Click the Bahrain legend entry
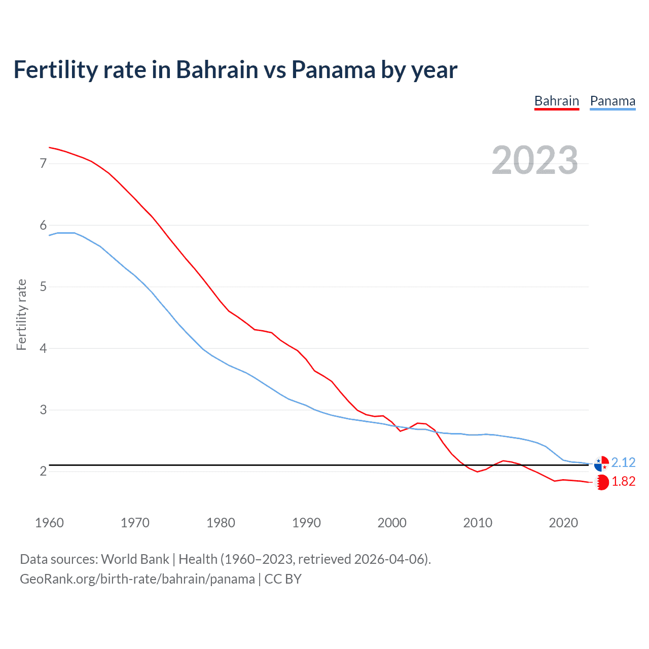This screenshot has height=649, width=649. point(556,101)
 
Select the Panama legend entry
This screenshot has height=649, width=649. point(612,101)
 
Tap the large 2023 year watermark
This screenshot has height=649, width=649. point(534,160)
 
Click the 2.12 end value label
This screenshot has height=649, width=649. point(623,462)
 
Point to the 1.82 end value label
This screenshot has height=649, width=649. point(623,481)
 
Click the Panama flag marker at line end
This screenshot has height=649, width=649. point(601,463)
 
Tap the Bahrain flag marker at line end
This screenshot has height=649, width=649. point(601,482)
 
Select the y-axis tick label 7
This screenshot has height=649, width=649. point(43,163)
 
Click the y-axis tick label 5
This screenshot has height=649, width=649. point(43,287)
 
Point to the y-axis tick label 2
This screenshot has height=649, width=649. point(43,472)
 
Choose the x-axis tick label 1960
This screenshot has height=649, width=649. point(49,523)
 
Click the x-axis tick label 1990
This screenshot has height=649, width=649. point(306,523)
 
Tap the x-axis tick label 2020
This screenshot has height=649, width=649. point(563,523)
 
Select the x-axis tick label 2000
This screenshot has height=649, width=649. point(392,523)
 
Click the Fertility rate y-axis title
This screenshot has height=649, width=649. point(21,314)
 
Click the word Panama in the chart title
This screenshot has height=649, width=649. point(333,69)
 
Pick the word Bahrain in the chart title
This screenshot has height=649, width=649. point(217,69)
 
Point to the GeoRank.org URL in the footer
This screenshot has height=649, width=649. point(137,579)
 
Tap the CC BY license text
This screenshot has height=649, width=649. point(283,579)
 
